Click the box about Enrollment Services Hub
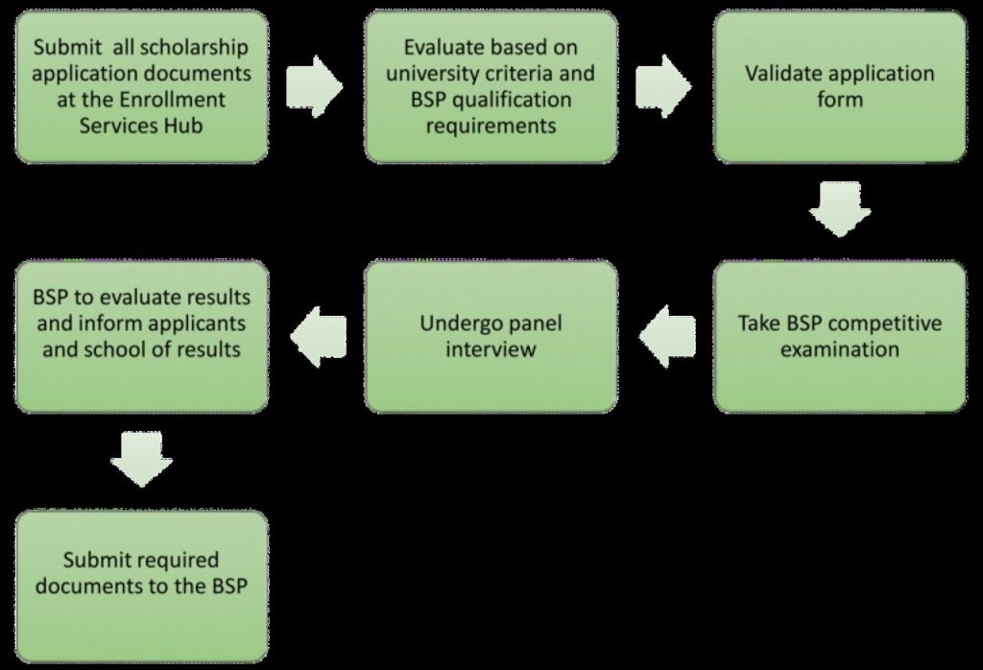[141, 86]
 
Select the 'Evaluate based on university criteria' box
[491, 86]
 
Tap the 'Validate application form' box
[840, 86]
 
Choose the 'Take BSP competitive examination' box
[840, 336]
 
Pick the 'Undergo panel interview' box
[491, 336]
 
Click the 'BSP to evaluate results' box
[141, 336]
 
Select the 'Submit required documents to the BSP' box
[141, 586]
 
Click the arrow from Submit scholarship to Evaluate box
[315, 86]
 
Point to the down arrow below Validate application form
[840, 210]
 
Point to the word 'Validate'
[785, 74]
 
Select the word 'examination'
[840, 348]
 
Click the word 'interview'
[491, 348]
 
